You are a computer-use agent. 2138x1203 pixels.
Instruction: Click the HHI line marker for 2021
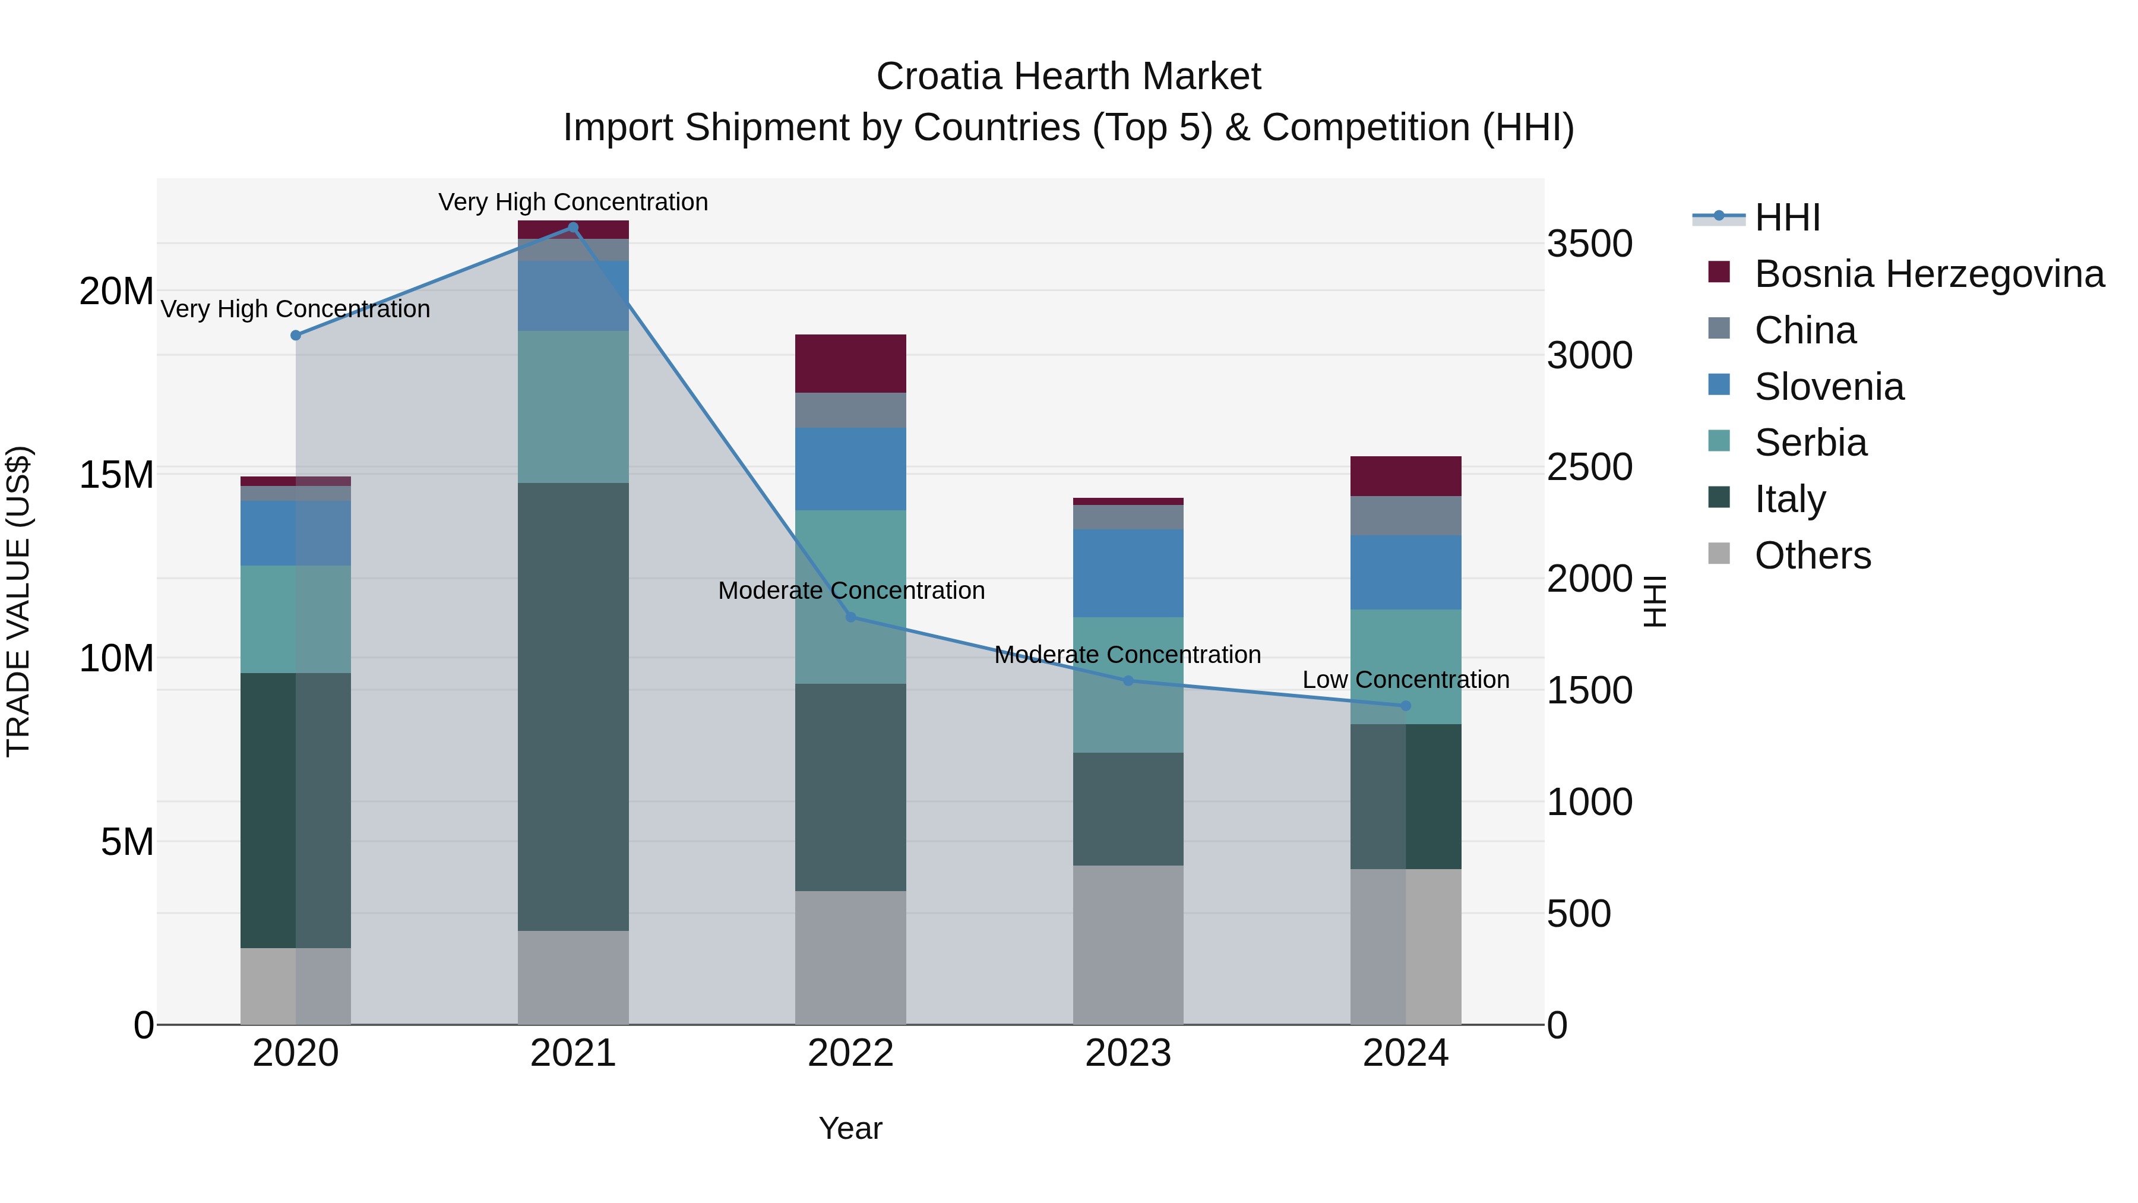coord(573,228)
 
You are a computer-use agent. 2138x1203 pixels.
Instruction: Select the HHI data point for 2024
coord(1405,706)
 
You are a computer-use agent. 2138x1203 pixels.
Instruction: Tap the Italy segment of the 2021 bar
coord(573,706)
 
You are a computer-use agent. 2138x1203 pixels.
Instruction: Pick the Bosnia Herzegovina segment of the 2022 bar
coord(850,364)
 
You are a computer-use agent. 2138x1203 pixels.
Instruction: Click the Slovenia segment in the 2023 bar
coord(1128,573)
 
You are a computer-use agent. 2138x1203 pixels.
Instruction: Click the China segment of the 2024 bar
coord(1405,516)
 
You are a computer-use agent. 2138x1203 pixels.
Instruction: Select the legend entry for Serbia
coord(1810,443)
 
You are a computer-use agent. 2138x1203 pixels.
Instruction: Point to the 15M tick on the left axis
coord(116,475)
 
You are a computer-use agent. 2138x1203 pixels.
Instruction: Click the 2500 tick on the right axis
coord(1589,468)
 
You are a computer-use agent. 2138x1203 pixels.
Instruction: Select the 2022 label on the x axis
coord(850,1053)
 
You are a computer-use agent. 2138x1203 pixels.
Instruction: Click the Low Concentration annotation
coord(1405,679)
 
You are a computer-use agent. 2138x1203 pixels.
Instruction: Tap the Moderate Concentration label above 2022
coord(850,591)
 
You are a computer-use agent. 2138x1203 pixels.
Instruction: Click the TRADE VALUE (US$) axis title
coord(18,601)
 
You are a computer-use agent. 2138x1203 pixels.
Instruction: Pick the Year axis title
coord(850,1128)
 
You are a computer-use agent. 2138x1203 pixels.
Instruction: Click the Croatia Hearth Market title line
coord(1068,77)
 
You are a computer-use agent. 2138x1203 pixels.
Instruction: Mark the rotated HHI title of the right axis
coord(1654,601)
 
